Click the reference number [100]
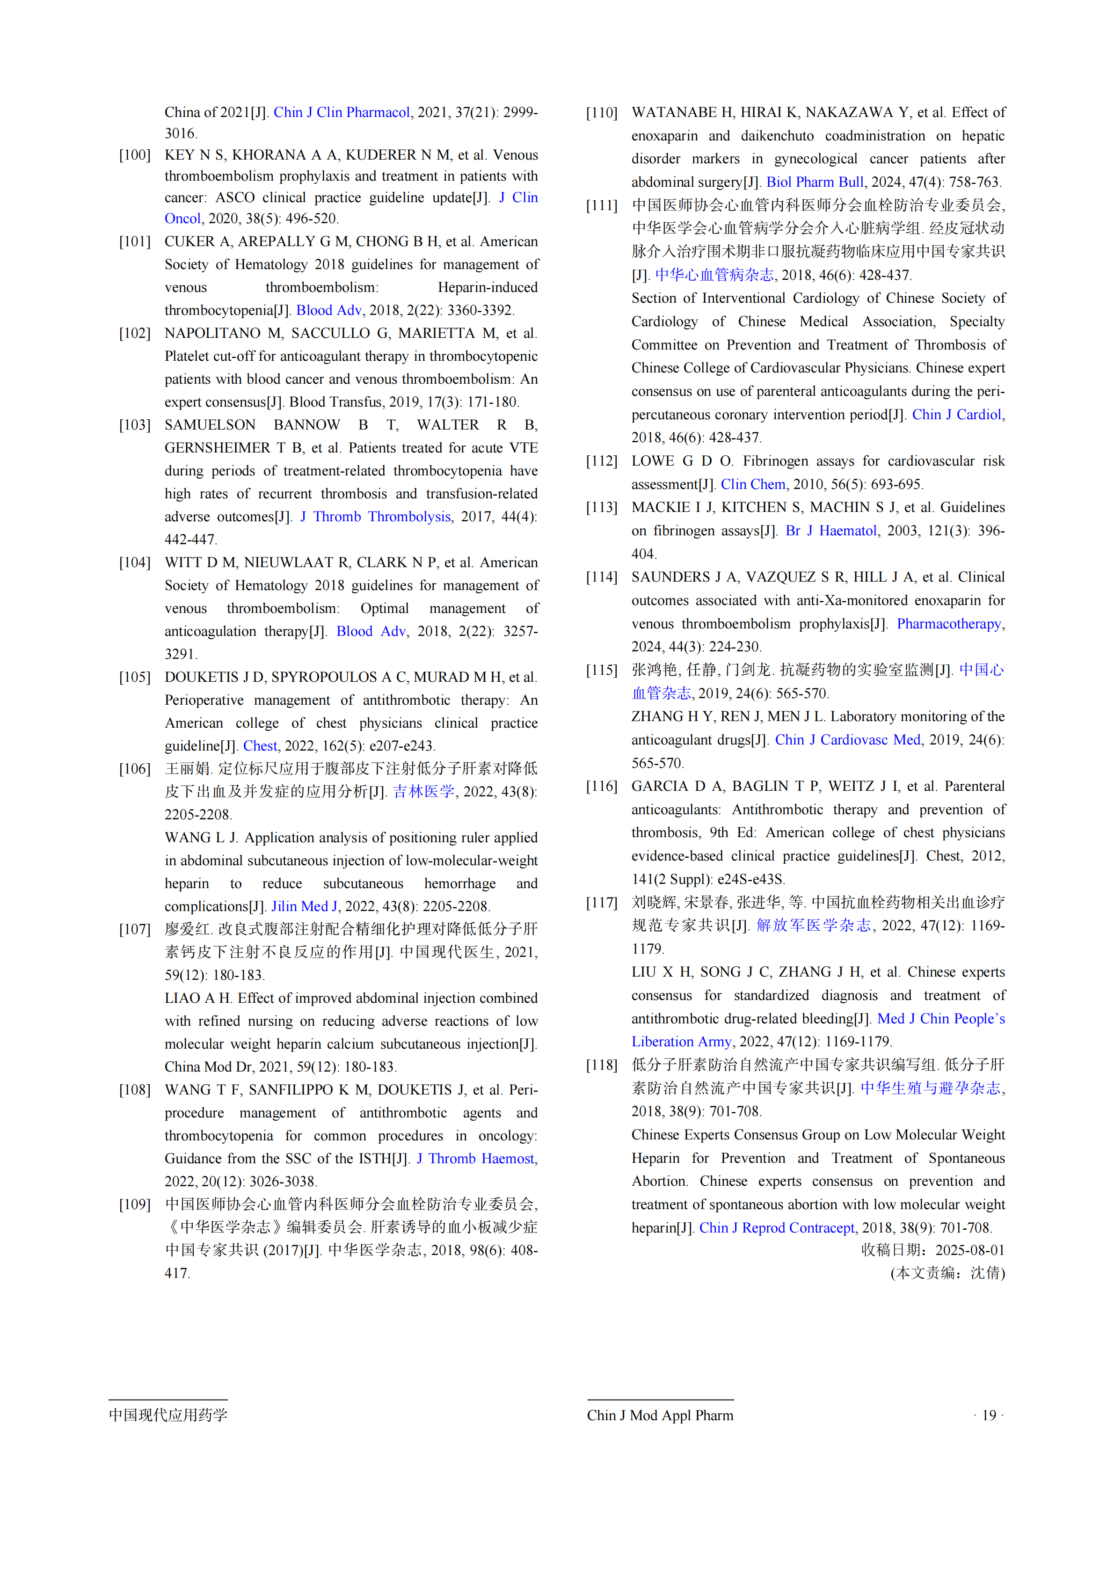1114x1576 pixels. pos(135,155)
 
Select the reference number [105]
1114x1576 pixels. pos(135,678)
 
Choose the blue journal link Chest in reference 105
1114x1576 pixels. pos(260,746)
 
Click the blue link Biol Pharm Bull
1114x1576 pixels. pos(815,182)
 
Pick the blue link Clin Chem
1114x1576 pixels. pos(752,485)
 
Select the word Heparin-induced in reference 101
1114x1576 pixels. pos(488,288)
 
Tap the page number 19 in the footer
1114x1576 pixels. pos(989,1415)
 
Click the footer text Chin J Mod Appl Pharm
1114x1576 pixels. pos(660,1415)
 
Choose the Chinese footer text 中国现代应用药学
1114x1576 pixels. pos(168,1415)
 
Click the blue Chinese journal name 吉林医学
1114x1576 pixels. pos(423,792)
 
